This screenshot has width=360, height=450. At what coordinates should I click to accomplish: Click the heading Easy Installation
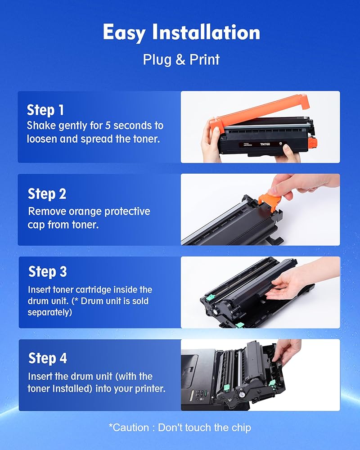181,32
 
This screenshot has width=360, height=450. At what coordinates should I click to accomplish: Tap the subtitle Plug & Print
181,60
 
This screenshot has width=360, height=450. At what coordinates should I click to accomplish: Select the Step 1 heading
45,110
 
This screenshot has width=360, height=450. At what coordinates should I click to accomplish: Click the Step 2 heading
47,193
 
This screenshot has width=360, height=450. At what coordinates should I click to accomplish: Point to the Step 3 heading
48,271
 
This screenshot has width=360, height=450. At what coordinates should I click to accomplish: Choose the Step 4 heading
48,358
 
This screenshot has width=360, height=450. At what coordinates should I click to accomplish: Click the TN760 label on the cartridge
265,144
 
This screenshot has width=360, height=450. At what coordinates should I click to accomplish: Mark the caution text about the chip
180,427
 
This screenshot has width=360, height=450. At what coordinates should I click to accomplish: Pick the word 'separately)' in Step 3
50,312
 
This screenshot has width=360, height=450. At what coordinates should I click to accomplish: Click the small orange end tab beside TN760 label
313,142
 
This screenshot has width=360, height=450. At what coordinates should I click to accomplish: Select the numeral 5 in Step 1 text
108,126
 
